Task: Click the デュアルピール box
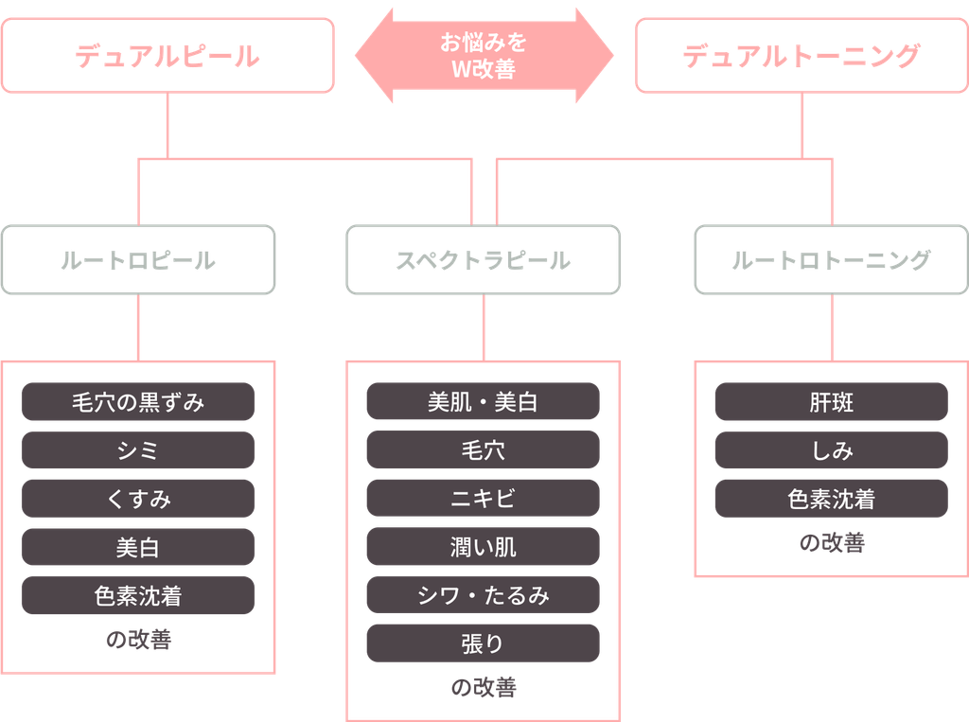[x=167, y=56]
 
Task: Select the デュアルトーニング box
[x=802, y=56]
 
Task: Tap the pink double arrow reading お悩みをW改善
[x=484, y=56]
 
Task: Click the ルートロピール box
[x=138, y=259]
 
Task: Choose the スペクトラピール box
[x=484, y=259]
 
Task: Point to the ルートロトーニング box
[x=831, y=259]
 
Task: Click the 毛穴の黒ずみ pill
[x=138, y=402]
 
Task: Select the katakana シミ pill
[x=138, y=450]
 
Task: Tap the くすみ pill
[x=138, y=499]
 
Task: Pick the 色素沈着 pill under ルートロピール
[x=138, y=595]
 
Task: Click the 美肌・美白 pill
[x=484, y=401]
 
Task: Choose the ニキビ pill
[x=484, y=499]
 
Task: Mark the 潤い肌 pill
[x=484, y=546]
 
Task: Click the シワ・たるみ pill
[x=484, y=594]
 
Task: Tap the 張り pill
[x=484, y=643]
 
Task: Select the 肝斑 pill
[x=831, y=402]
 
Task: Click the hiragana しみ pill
[x=831, y=450]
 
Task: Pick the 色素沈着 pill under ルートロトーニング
[x=831, y=499]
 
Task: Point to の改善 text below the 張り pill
[x=484, y=687]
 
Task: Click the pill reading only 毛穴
[x=484, y=449]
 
